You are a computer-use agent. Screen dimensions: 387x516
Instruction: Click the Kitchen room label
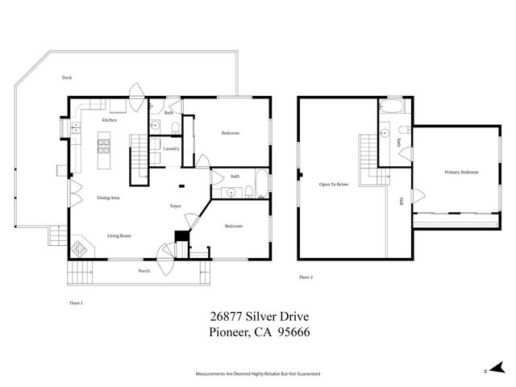109,120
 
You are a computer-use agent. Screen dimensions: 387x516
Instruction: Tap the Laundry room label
170,148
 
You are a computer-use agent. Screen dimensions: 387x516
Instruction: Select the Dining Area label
109,198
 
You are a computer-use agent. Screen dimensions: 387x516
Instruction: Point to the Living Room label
119,236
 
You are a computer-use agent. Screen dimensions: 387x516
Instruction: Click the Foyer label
175,206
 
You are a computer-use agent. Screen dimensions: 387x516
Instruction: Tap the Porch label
144,271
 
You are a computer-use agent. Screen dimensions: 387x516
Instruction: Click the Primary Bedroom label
461,173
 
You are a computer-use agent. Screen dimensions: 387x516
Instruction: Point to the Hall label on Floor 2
401,202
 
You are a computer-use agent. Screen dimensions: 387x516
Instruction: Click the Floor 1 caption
77,302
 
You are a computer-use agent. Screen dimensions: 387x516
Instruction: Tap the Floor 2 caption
306,277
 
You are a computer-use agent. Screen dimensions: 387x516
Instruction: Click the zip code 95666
294,332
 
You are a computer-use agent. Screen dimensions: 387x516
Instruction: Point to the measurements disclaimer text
258,375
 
